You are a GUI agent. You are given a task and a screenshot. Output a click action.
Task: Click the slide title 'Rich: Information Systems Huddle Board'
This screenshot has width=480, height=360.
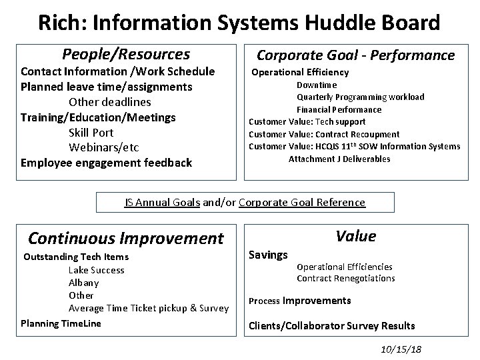[x=239, y=23]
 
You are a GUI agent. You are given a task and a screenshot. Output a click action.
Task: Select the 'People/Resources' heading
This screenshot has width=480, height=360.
[x=126, y=54]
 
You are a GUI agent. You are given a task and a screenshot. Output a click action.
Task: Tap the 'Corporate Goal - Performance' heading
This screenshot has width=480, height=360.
[x=356, y=55]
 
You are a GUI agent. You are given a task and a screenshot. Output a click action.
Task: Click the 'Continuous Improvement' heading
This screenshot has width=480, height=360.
[x=126, y=238]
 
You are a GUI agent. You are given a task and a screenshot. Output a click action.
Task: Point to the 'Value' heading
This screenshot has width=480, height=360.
[x=356, y=236]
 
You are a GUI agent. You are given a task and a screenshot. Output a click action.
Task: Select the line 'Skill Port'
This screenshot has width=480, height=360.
[x=91, y=132]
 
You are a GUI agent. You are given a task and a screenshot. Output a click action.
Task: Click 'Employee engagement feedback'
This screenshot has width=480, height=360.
[x=107, y=162]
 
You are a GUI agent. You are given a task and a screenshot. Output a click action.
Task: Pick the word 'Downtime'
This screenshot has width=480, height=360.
[x=317, y=85]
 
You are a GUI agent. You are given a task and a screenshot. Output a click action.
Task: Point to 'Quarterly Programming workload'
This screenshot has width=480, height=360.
[x=360, y=97]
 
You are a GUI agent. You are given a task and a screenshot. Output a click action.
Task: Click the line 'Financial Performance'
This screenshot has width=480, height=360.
[x=339, y=109]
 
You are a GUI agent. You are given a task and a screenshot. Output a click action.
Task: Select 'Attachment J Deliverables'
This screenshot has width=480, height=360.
[x=339, y=159]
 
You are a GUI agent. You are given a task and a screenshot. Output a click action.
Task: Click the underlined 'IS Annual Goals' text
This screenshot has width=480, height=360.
[x=163, y=202]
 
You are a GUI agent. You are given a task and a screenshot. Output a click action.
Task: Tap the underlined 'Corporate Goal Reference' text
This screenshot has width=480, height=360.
[x=302, y=202]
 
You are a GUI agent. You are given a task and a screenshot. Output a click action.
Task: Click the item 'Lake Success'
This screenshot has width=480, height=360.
[x=97, y=270]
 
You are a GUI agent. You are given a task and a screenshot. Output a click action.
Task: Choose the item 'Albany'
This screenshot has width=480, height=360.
[x=84, y=283]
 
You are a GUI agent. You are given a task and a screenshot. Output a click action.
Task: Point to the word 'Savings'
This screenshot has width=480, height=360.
[x=268, y=254]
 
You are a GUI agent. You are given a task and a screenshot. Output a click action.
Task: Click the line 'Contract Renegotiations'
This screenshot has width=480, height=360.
[x=346, y=278]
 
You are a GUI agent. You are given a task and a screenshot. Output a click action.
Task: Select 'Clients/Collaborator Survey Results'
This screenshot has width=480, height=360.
[x=331, y=326]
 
